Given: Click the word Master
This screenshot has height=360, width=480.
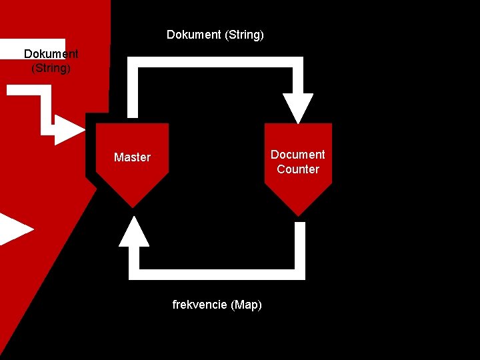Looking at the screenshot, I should pos(132,157).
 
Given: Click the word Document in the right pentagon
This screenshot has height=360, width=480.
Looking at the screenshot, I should pos(297,154).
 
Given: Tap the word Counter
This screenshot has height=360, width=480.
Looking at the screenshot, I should pos(297,169).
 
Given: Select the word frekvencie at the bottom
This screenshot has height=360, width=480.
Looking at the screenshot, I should pos(199,305).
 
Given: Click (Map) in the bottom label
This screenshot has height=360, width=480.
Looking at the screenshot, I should pos(246,305).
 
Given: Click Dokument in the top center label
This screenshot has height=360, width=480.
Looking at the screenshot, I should pos(193,35).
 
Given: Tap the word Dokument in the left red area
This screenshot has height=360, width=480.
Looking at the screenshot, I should pos(51,54).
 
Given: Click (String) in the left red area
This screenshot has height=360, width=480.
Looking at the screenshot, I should pos(51,68).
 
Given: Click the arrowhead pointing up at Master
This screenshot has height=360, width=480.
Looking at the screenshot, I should pos(134,232).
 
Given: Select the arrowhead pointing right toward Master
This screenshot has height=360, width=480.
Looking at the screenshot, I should pos(69,129).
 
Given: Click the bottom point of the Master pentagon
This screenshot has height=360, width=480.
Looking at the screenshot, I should pos(132,205).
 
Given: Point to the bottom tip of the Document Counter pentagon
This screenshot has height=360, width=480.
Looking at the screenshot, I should pos(298,213).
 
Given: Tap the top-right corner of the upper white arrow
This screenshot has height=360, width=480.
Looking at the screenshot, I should pos(298,62).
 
